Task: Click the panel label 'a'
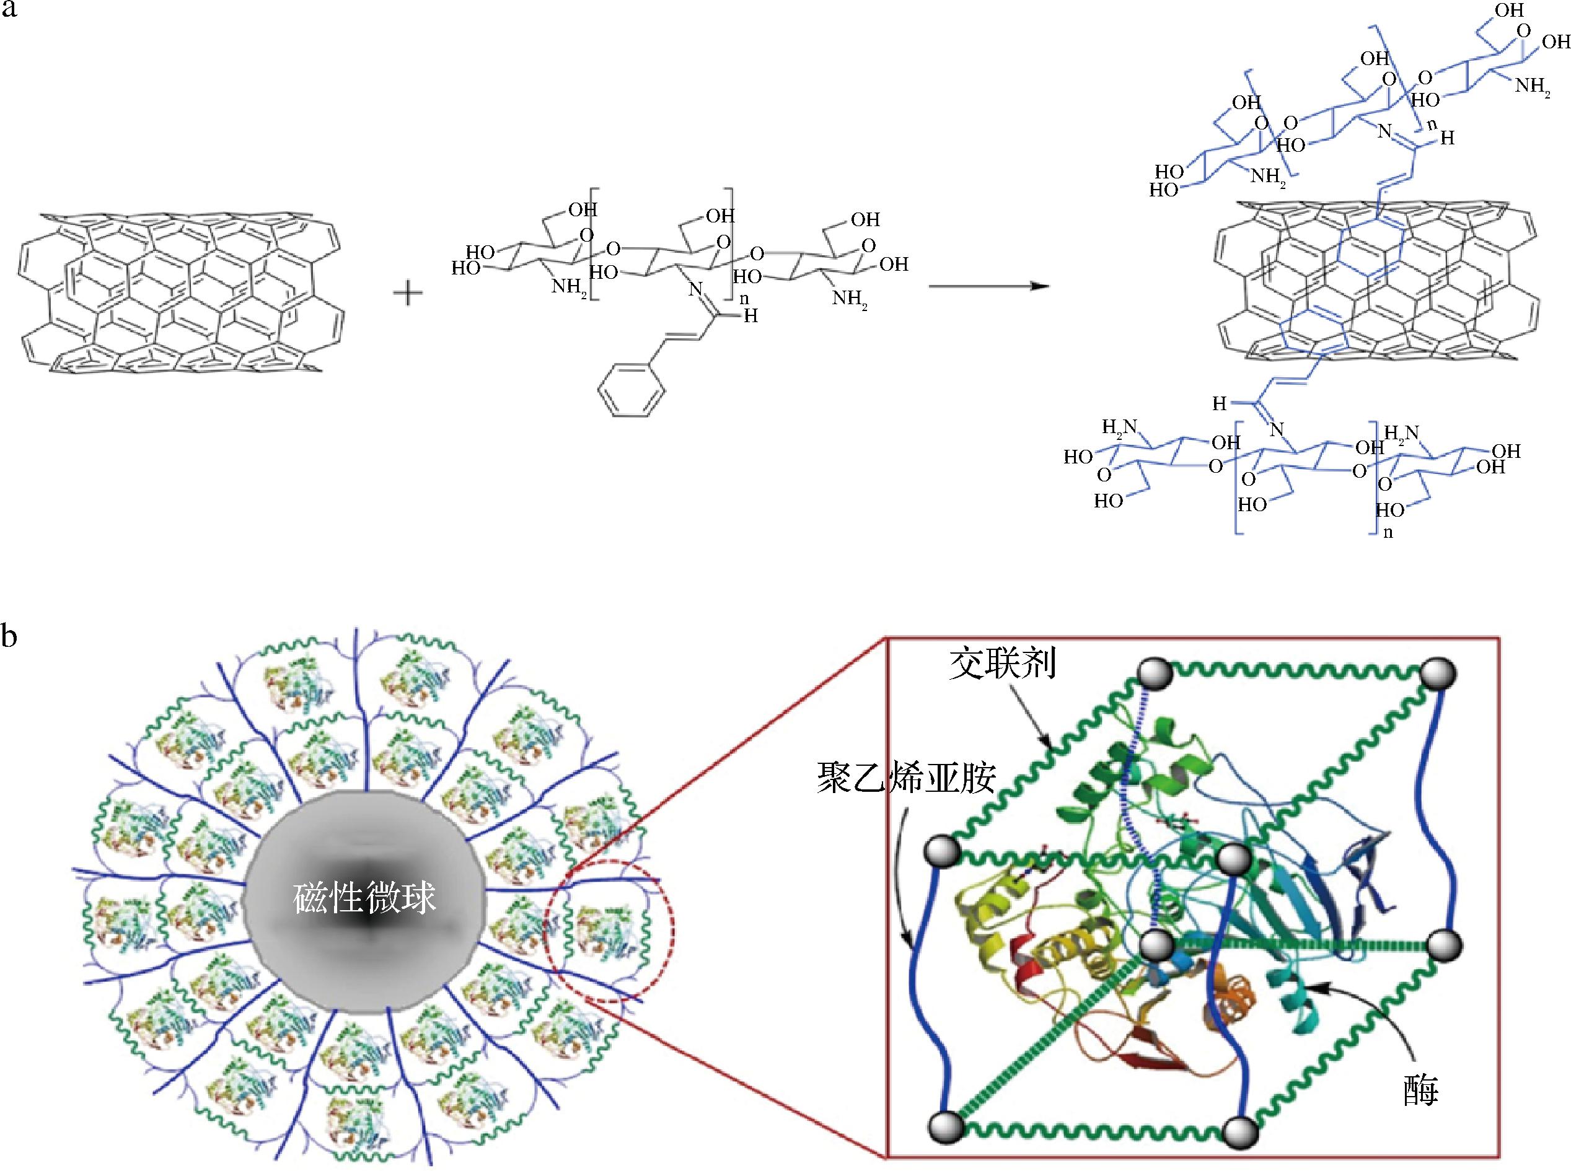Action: click(9, 10)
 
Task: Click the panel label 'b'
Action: click(9, 636)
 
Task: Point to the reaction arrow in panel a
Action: click(988, 286)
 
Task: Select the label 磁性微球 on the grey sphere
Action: click(364, 899)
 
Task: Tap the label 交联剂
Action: click(1003, 664)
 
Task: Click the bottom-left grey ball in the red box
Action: click(946, 1126)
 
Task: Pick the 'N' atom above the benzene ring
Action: click(695, 289)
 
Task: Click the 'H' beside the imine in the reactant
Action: click(750, 316)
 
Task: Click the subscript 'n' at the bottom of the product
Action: click(1388, 532)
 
